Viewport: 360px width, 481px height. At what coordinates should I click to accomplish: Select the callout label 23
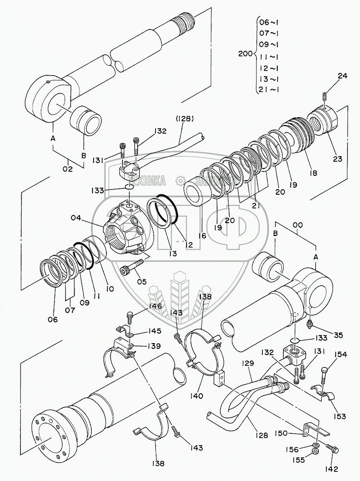pos(337,159)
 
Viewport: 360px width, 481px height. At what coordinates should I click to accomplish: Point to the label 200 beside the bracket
pos(245,54)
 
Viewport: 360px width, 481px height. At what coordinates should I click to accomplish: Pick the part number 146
pos(153,306)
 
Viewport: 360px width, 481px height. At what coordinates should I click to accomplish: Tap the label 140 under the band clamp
pos(197,396)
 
